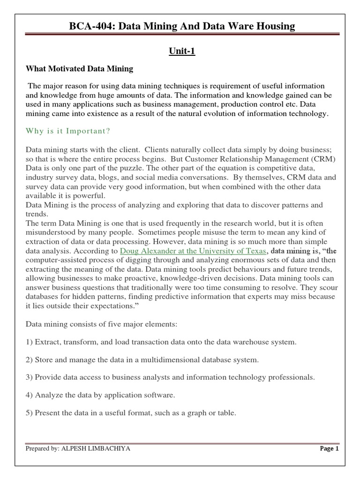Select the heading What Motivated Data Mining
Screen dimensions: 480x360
(x=79, y=69)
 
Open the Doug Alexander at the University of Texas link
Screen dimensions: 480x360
(x=193, y=251)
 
